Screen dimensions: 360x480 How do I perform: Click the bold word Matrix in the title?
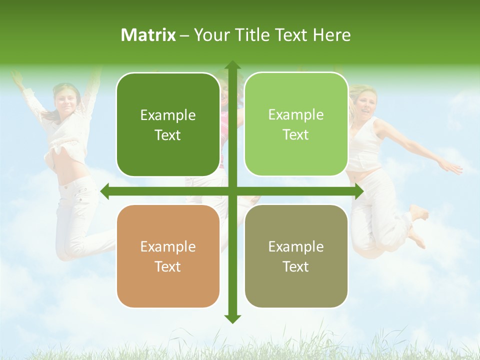pos(148,35)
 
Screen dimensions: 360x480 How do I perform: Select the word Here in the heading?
pos(331,35)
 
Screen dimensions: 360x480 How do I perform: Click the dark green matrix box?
pos(168,124)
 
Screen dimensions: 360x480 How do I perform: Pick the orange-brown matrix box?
pos(168,256)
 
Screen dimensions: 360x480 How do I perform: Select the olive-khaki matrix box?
pos(296,256)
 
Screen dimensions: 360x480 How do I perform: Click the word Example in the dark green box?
pos(168,115)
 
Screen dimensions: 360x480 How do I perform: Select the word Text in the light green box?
pos(295,134)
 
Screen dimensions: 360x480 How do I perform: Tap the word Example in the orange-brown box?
pos(168,246)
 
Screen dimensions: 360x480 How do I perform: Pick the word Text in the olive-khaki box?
pos(295,266)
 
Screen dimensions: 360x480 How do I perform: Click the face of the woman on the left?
pos(66,100)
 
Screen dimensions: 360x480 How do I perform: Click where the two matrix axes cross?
pos(232,191)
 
